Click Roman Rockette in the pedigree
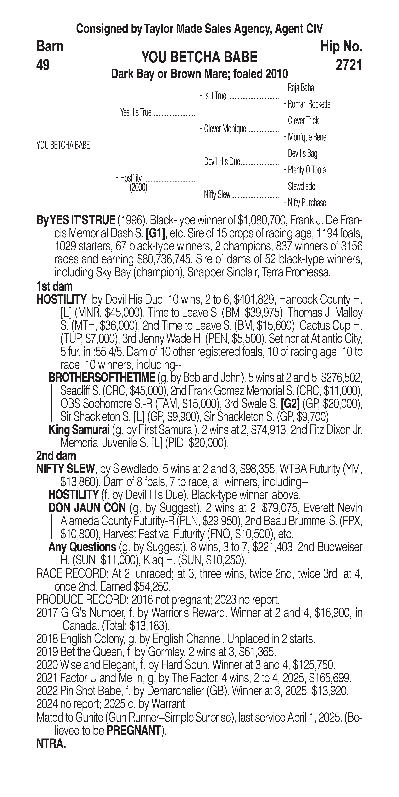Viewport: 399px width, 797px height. coord(309,104)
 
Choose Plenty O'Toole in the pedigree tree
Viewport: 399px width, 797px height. coord(307,170)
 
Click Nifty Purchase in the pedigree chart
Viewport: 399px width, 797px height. coord(307,203)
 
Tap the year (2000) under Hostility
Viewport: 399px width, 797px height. coord(138,188)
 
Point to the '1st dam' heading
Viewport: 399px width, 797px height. coord(54,286)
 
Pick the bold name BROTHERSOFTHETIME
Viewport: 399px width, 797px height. coord(102,377)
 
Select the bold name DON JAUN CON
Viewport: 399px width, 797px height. coord(87,508)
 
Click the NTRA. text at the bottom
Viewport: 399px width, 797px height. coord(51,744)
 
